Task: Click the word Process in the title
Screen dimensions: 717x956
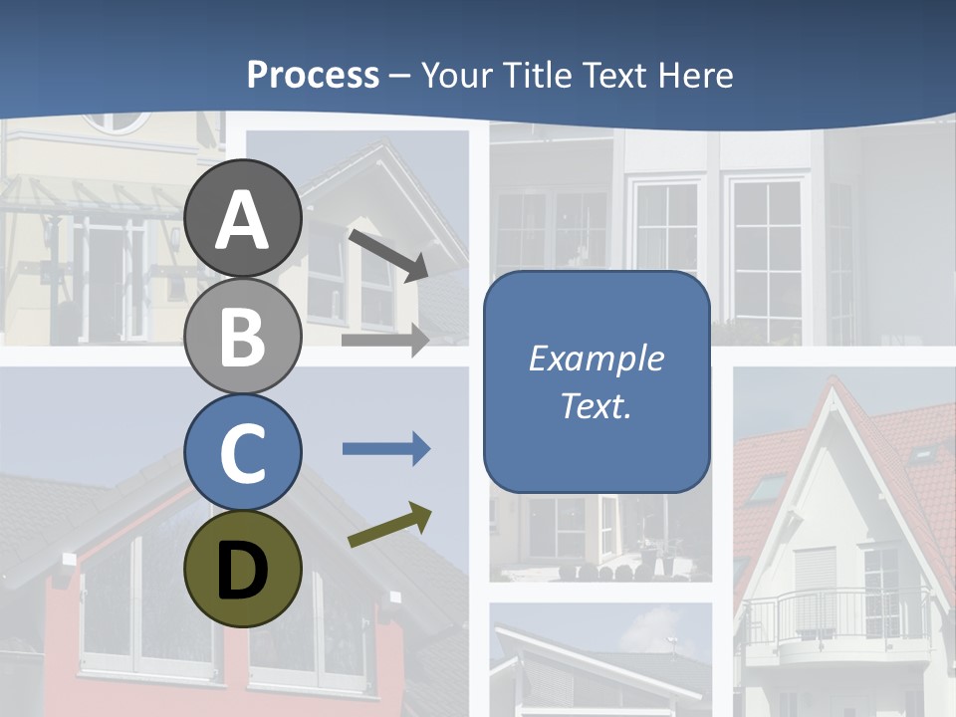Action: tap(313, 75)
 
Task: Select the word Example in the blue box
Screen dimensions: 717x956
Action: tap(596, 358)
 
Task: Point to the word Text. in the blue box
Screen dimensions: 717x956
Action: tap(596, 405)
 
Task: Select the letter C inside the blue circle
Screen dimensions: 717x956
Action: tap(242, 454)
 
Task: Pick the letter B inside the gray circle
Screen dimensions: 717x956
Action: tap(242, 337)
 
